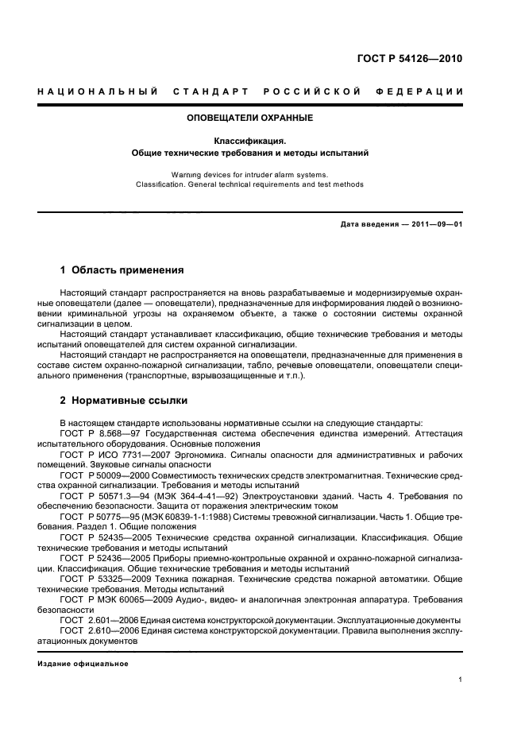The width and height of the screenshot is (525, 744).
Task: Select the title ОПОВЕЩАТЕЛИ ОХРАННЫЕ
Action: point(249,118)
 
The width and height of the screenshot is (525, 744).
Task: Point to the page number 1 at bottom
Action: point(460,680)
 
